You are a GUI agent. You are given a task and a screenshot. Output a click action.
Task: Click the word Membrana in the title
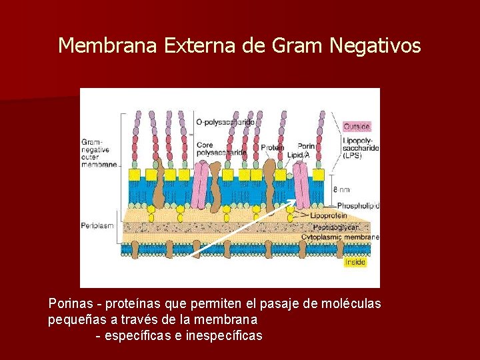pyautogui.click(x=97, y=45)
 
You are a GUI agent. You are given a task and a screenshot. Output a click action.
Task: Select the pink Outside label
pyautogui.click(x=357, y=126)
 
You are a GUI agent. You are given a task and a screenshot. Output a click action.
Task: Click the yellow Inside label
pyautogui.click(x=355, y=262)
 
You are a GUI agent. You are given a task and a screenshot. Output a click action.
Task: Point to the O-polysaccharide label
pyautogui.click(x=225, y=122)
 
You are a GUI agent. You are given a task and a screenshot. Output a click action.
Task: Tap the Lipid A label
pyautogui.click(x=297, y=155)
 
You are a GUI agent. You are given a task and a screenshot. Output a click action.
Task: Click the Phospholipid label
pyautogui.click(x=358, y=206)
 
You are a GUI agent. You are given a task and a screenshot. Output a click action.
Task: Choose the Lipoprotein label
pyautogui.click(x=328, y=216)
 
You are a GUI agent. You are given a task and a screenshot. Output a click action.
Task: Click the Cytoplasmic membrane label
pyautogui.click(x=340, y=237)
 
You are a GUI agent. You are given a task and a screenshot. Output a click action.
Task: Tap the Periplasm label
pyautogui.click(x=97, y=225)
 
